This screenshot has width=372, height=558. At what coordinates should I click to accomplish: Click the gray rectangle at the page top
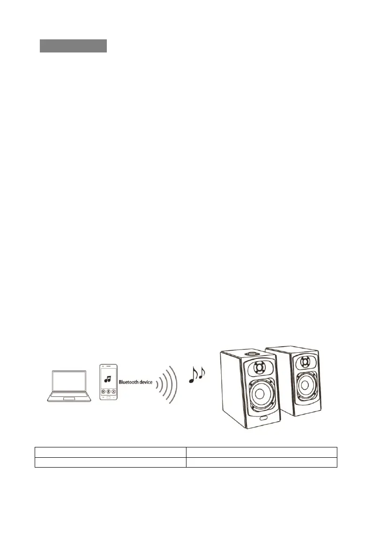click(73, 46)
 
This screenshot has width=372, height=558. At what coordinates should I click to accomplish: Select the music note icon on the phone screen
click(108, 379)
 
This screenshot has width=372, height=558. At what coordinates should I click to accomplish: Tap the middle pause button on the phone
click(108, 392)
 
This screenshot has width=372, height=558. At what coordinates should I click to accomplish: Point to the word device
click(146, 383)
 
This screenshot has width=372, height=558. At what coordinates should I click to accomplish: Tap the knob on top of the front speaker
click(253, 350)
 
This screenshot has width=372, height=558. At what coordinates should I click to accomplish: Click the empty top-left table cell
click(110, 452)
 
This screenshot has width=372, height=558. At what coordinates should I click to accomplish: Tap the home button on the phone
click(108, 397)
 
